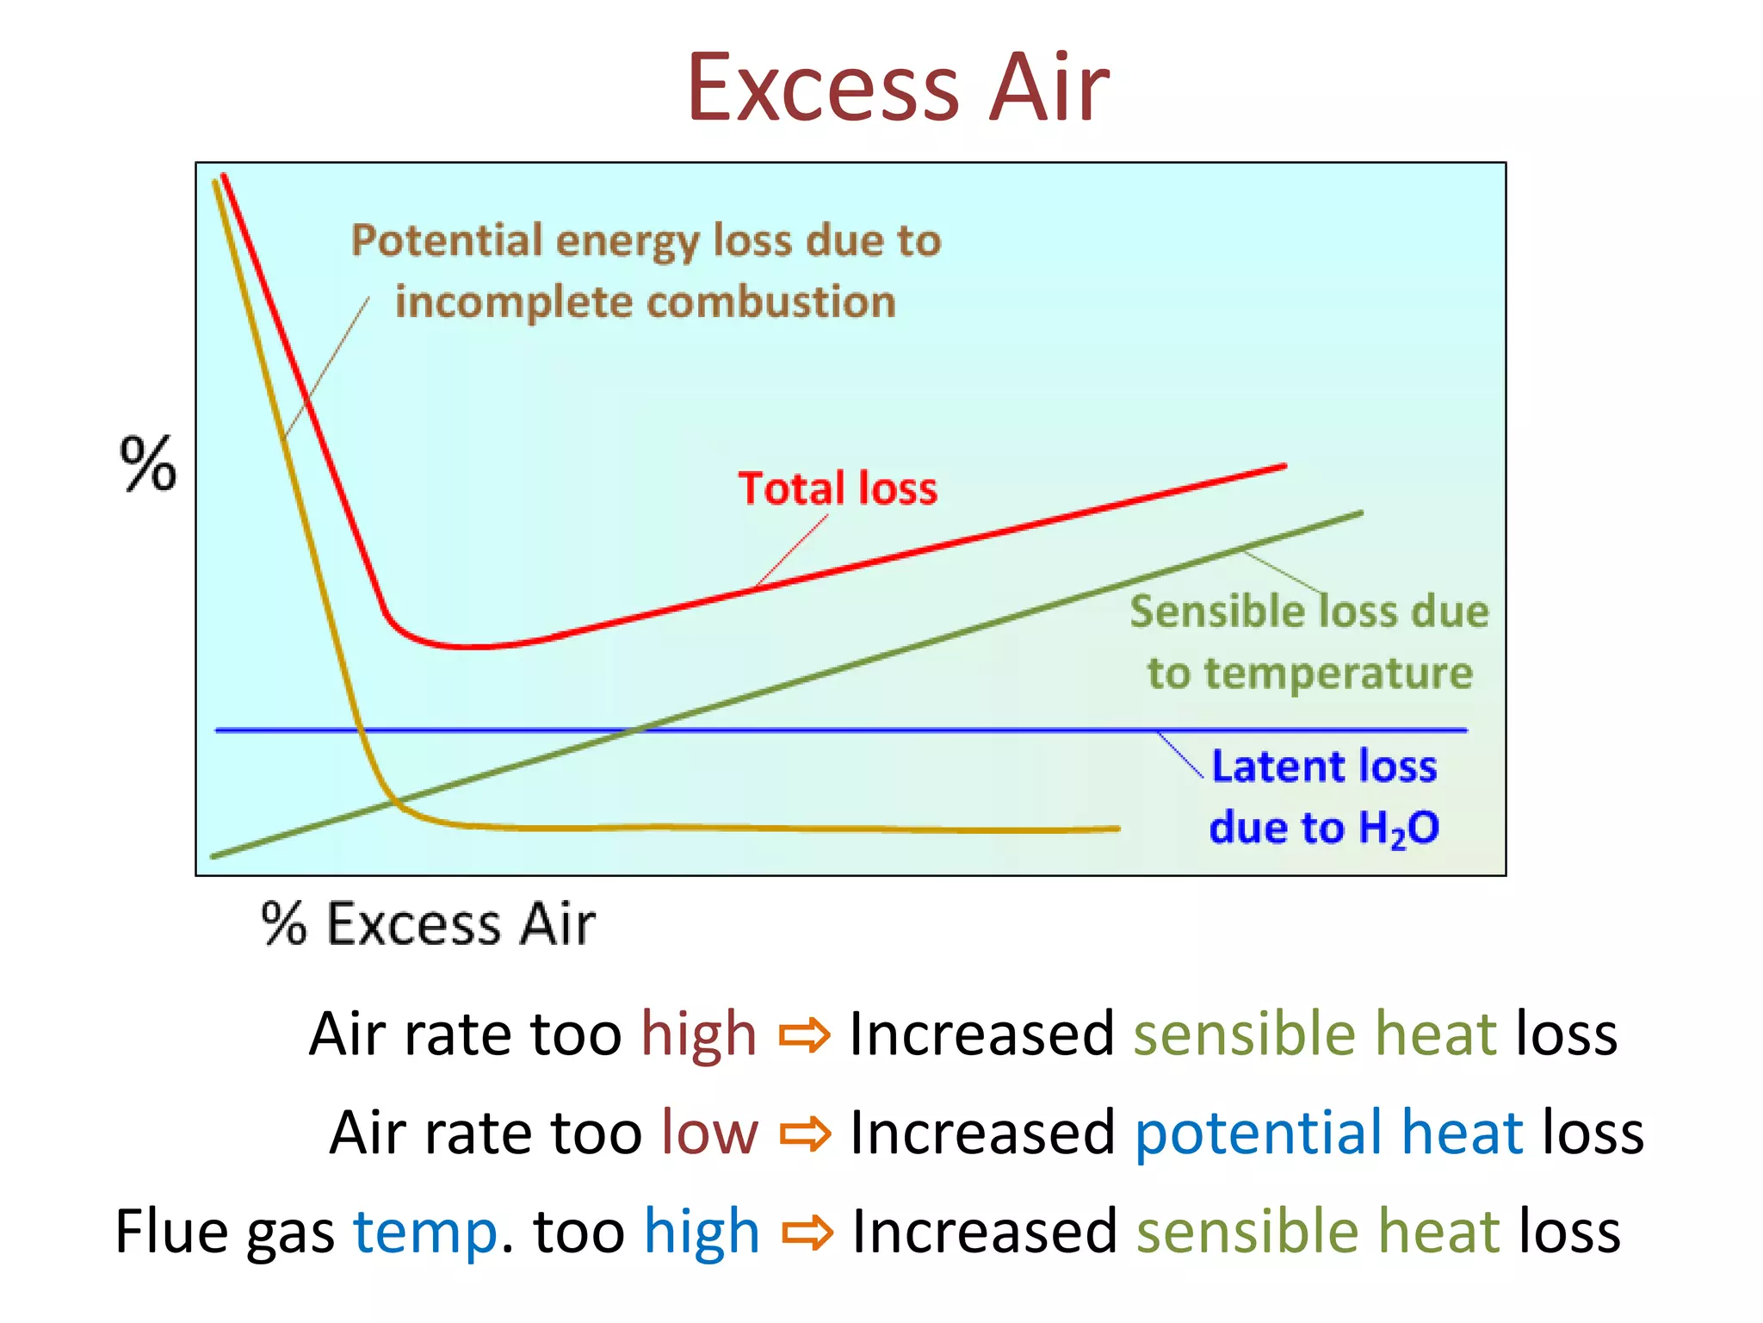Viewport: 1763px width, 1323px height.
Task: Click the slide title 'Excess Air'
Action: [898, 89]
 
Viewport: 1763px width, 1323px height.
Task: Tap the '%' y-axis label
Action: [147, 464]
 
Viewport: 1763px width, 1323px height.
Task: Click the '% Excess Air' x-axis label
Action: [428, 924]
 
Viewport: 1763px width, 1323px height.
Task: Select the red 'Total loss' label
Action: [838, 488]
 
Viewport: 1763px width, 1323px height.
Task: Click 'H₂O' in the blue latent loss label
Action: [1398, 829]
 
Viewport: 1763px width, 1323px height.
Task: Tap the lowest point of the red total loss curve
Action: [469, 646]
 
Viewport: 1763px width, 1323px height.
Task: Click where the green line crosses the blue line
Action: [634, 730]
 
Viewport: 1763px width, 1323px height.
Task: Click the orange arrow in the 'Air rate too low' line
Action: [805, 1134]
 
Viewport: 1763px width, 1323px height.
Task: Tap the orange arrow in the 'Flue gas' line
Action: [807, 1233]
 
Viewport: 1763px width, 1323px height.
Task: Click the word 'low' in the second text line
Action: [709, 1132]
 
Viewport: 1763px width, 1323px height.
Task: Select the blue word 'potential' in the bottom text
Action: [1257, 1134]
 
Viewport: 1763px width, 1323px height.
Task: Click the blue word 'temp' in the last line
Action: [425, 1233]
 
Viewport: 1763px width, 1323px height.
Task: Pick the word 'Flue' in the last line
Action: [169, 1231]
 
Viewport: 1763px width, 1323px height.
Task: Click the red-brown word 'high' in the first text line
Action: [698, 1034]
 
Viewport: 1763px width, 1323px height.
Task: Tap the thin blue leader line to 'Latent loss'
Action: [1180, 755]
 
